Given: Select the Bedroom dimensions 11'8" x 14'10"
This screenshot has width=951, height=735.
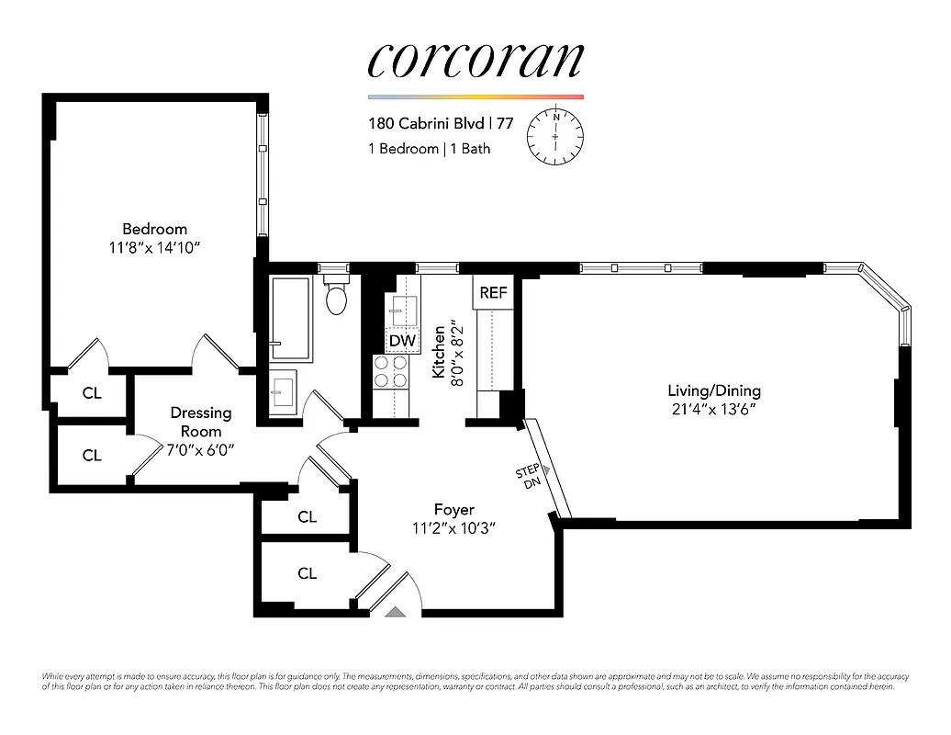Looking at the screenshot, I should click(x=154, y=247).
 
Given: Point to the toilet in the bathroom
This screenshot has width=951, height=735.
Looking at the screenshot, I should click(x=337, y=297).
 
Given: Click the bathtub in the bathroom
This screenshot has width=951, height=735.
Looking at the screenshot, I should click(x=292, y=318).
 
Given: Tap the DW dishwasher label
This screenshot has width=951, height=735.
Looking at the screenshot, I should click(x=402, y=341).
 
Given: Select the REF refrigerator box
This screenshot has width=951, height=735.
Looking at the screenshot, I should click(x=493, y=293).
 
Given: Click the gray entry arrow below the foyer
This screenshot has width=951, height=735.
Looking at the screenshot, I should click(x=395, y=611).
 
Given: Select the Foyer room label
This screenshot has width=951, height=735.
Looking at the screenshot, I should click(x=453, y=509).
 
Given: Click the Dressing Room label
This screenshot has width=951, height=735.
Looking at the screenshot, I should click(x=200, y=422).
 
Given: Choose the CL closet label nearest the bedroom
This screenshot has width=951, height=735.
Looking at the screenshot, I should click(x=91, y=393).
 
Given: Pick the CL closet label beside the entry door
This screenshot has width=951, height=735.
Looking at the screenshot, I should click(x=307, y=573).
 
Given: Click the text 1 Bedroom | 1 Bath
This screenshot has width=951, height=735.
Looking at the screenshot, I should click(x=430, y=148).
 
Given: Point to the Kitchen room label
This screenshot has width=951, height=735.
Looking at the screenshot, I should click(x=440, y=352).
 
